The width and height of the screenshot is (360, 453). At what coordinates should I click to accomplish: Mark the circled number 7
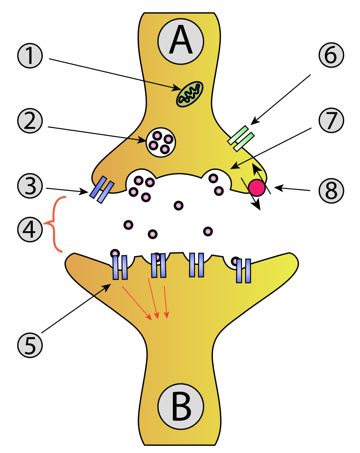click(331, 121)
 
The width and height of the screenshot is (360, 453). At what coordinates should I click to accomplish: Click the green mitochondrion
click(190, 94)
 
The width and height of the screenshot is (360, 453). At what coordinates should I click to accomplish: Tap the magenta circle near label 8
click(257, 187)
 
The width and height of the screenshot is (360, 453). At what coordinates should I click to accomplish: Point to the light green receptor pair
click(240, 138)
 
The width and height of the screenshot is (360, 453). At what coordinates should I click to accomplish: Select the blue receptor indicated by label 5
click(120, 267)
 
